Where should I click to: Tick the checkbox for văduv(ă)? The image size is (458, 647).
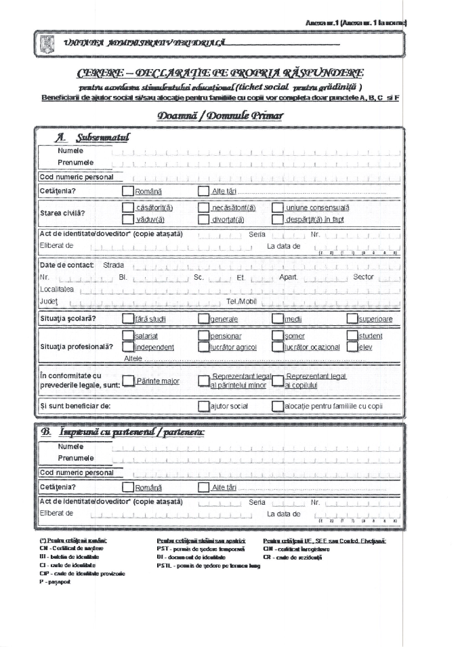[x=127, y=220]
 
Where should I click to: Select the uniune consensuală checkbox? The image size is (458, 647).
[x=277, y=208]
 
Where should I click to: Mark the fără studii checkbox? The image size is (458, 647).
[x=127, y=318]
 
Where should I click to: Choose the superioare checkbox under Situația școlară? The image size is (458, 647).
[x=352, y=318]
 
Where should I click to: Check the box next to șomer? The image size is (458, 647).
[x=277, y=335]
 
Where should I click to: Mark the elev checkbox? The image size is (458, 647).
[x=352, y=347]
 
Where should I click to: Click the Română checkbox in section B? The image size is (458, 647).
[x=127, y=487]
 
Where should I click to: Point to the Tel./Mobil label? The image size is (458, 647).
[x=241, y=300]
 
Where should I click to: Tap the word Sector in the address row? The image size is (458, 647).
[x=363, y=277]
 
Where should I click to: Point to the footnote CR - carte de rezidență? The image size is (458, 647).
[x=293, y=557]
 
